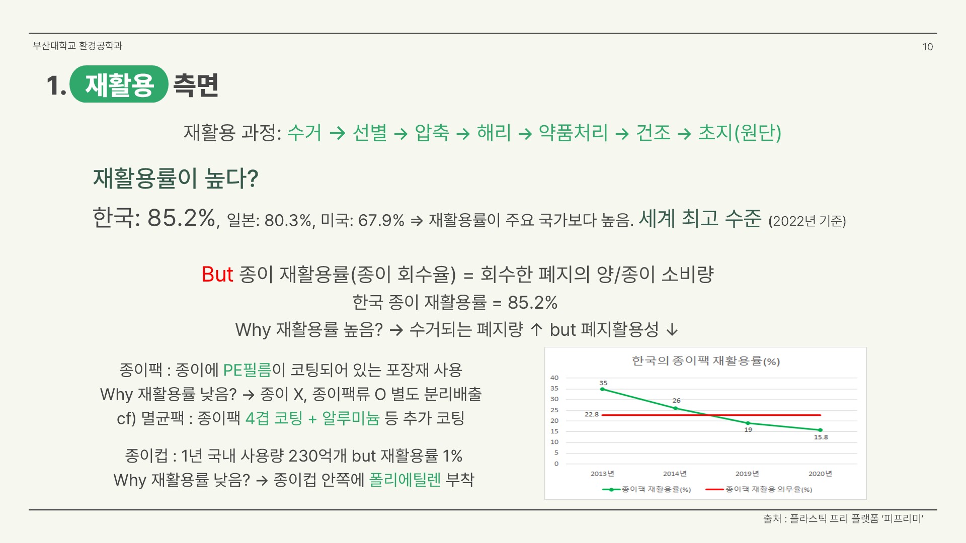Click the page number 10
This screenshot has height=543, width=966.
point(927,47)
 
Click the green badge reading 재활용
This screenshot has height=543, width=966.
point(119,84)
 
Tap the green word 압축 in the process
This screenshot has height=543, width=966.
point(432,133)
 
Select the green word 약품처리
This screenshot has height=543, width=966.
point(573,133)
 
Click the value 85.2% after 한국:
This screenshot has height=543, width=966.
point(181,218)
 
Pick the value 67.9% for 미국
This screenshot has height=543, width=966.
point(381,221)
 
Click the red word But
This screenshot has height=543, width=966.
point(217,275)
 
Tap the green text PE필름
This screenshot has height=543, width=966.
point(247,371)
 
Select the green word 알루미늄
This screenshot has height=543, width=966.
point(351,418)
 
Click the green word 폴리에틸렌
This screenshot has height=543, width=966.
point(405,480)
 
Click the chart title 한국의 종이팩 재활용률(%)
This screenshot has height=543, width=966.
point(705,361)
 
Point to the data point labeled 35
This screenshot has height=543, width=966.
point(603,389)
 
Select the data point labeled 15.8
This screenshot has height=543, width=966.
point(820,430)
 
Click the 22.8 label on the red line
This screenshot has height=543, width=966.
point(591,415)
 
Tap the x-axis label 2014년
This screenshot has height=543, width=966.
point(674,474)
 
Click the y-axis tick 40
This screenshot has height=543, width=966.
point(554,378)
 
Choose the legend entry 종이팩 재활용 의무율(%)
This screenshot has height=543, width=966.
point(768,489)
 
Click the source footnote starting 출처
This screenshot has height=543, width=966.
point(843,519)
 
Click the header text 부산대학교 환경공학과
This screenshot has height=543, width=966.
point(77,46)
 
